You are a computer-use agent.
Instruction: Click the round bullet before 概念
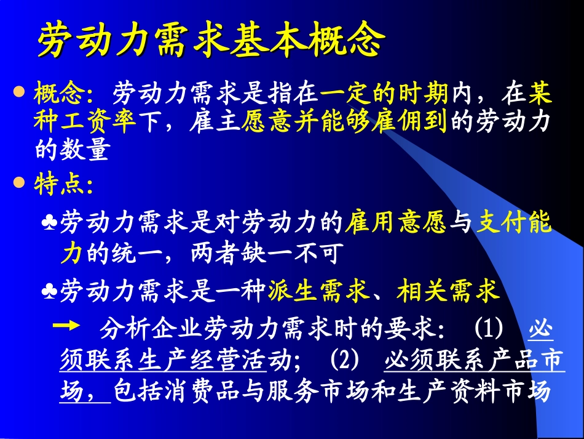[x=19, y=92]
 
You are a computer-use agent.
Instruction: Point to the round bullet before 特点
[x=19, y=183]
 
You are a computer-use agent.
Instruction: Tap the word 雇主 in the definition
[x=216, y=121]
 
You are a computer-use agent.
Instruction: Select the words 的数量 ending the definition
[x=72, y=150]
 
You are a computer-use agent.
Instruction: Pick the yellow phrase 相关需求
[x=448, y=291]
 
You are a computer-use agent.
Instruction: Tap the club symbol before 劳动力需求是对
[x=49, y=222]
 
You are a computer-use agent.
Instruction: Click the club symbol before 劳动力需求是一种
[x=49, y=292]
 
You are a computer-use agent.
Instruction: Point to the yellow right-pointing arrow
[x=67, y=326]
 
